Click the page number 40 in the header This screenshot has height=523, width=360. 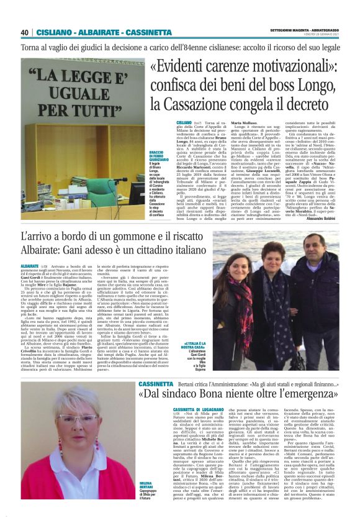pyautogui.click(x=25, y=32)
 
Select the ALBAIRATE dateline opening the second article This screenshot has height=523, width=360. pyautogui.click(x=30, y=265)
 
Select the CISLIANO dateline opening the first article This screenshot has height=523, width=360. pyautogui.click(x=184, y=124)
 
